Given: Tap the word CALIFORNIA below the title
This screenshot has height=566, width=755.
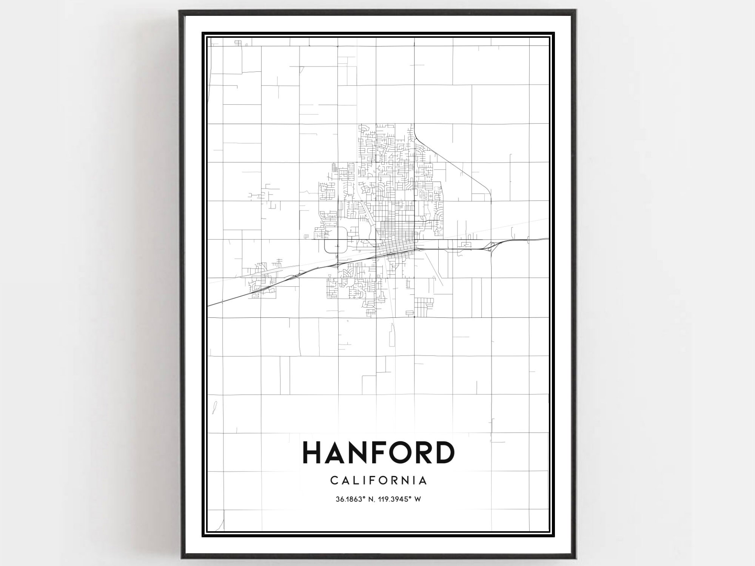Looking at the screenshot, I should [379, 480].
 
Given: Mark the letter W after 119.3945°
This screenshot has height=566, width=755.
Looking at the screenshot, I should [418, 499].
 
